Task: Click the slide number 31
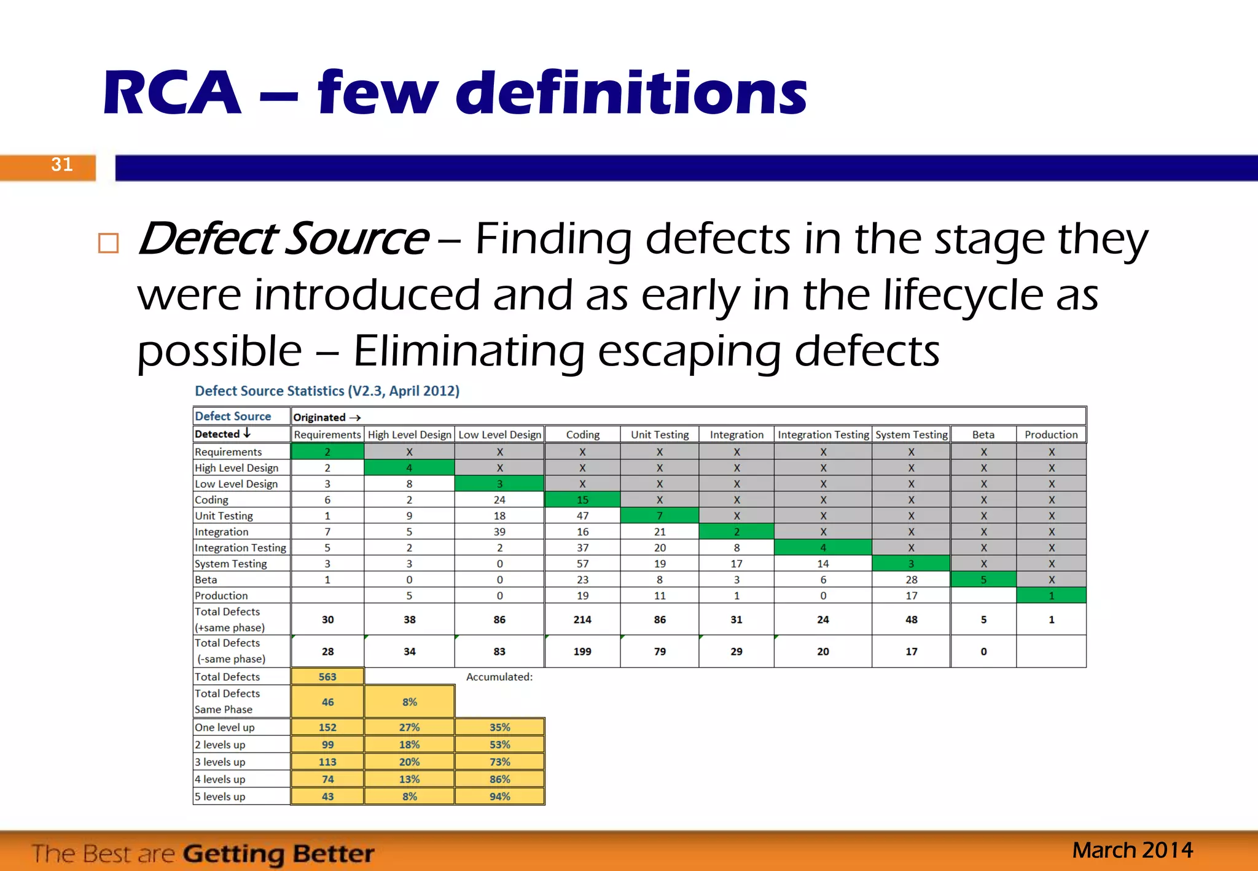coord(61,165)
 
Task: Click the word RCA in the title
coord(172,93)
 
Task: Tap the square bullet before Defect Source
coord(109,243)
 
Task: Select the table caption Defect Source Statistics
coord(327,391)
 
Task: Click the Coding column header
coord(582,435)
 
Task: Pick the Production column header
coord(1051,435)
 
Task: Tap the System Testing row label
coord(231,564)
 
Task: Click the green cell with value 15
coord(582,500)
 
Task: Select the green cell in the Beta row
coord(983,579)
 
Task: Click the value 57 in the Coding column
coord(582,564)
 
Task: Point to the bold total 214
coord(582,620)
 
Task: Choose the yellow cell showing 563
coord(327,677)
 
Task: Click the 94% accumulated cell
coord(499,797)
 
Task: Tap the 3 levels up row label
coord(220,762)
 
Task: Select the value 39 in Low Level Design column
coord(499,532)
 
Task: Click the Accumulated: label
coord(499,677)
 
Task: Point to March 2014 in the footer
coord(1132,851)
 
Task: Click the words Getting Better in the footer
coord(278,854)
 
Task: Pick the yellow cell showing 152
coord(327,727)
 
